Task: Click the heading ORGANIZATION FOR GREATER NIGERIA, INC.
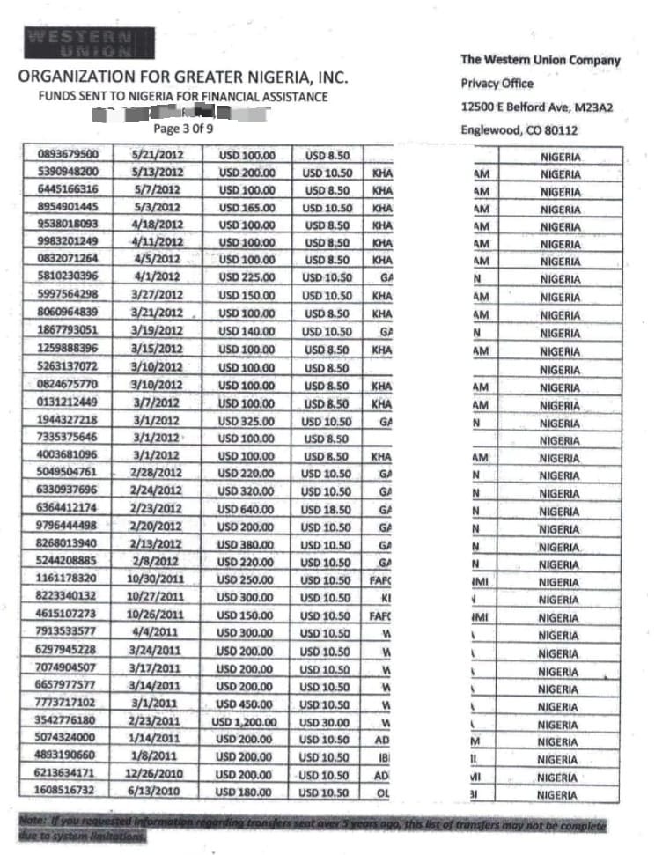(183, 77)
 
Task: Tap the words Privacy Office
(497, 84)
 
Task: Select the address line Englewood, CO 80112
(519, 130)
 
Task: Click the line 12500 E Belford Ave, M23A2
(536, 107)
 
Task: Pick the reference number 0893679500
(69, 154)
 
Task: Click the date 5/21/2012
(156, 154)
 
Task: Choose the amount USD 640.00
(246, 510)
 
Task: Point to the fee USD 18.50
(327, 510)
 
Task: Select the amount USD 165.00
(247, 208)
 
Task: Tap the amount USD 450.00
(246, 704)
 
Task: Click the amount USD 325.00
(247, 422)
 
